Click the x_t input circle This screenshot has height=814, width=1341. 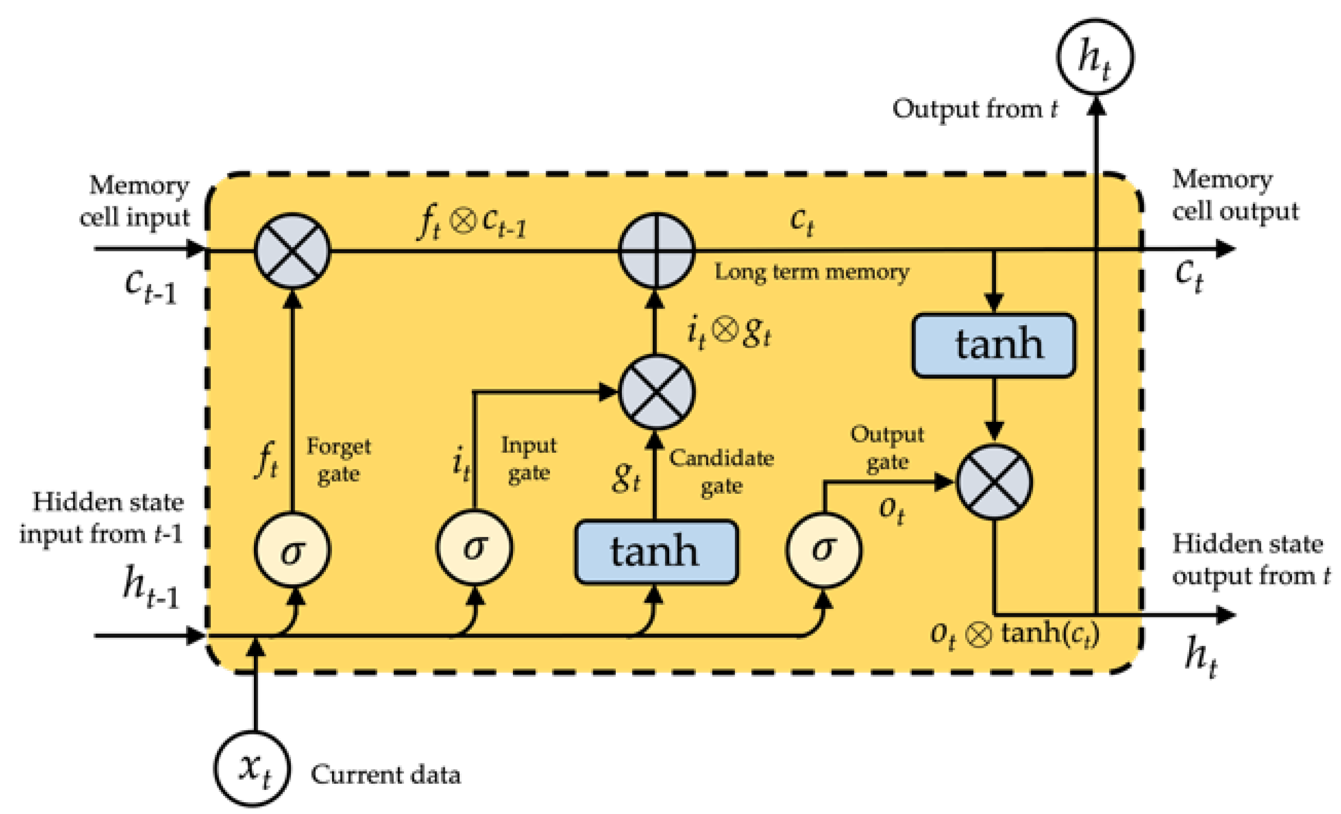click(x=252, y=767)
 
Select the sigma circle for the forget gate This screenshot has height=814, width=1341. click(x=292, y=549)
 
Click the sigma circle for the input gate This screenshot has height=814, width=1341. click(x=474, y=547)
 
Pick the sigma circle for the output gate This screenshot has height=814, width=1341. click(x=824, y=549)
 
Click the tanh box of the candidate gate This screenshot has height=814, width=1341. click(x=656, y=552)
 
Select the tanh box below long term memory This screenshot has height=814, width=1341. click(x=993, y=345)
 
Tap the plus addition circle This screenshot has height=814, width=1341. click(x=656, y=251)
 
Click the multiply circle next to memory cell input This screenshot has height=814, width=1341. click(x=292, y=251)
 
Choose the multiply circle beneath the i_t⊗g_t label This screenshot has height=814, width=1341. click(x=656, y=392)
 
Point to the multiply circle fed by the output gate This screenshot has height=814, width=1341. click(x=994, y=481)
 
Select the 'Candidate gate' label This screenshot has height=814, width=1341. click(x=721, y=472)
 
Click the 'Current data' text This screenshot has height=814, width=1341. click(x=385, y=775)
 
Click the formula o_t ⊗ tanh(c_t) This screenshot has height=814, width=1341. click(x=1014, y=634)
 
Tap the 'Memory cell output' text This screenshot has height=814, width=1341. click(x=1234, y=195)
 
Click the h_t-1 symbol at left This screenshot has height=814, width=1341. click(x=151, y=587)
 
